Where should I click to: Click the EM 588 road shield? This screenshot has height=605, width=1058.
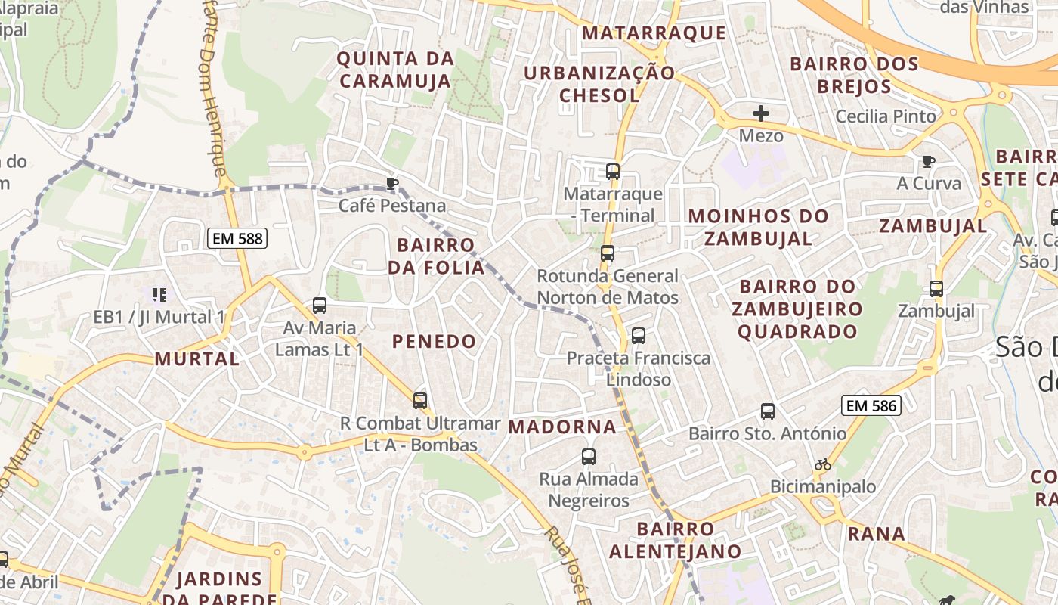click(x=237, y=239)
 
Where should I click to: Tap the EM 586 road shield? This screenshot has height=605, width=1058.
click(x=871, y=406)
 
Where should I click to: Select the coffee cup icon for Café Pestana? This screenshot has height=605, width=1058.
click(x=391, y=183)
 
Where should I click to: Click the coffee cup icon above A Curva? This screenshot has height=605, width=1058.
click(x=929, y=161)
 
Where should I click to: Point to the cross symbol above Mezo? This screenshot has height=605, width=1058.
click(x=761, y=114)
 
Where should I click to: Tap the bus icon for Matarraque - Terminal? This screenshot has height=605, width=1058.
click(x=613, y=172)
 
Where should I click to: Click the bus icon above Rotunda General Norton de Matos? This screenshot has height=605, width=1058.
click(x=608, y=253)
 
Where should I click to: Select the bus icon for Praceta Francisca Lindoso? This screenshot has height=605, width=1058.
click(x=639, y=335)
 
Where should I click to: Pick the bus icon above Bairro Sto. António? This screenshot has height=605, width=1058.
click(x=768, y=411)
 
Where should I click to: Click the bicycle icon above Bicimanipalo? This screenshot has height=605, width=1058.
click(x=823, y=464)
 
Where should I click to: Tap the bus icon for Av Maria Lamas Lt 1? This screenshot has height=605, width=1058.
click(x=320, y=306)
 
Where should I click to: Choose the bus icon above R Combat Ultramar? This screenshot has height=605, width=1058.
click(x=420, y=401)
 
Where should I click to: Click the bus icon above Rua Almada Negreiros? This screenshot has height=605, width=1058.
click(x=589, y=457)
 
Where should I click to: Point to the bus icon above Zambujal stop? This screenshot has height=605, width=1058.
click(x=936, y=288)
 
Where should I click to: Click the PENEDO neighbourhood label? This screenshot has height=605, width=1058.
click(x=434, y=341)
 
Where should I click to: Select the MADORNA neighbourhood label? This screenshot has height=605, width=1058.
click(x=562, y=427)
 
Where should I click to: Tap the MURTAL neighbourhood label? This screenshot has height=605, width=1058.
click(x=196, y=358)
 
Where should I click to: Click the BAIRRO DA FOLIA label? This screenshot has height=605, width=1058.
click(x=436, y=256)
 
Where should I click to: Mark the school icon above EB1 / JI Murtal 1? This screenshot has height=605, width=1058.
click(x=159, y=294)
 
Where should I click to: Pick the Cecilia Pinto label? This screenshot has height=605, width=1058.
click(x=886, y=116)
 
